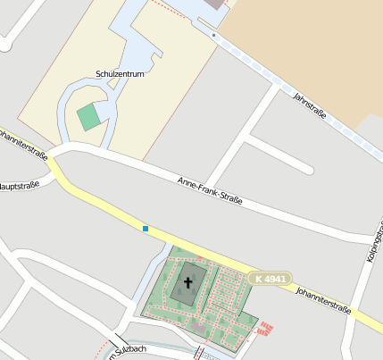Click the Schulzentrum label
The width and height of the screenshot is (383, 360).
coord(119,75)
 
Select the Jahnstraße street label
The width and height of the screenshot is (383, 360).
coord(308,105)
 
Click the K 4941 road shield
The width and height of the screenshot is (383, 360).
coord(269,279)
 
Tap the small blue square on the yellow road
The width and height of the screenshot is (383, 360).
coord(145,229)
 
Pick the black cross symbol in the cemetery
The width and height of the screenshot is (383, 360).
coord(187,284)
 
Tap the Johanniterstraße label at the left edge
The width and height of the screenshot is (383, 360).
coord(23,143)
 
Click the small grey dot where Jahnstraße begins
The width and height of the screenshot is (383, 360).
coord(213,35)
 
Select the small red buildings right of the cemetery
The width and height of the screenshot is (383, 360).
coord(264,330)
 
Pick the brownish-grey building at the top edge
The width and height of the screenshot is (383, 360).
coord(215,4)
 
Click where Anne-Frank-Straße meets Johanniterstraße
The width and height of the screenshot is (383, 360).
coord(55,156)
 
